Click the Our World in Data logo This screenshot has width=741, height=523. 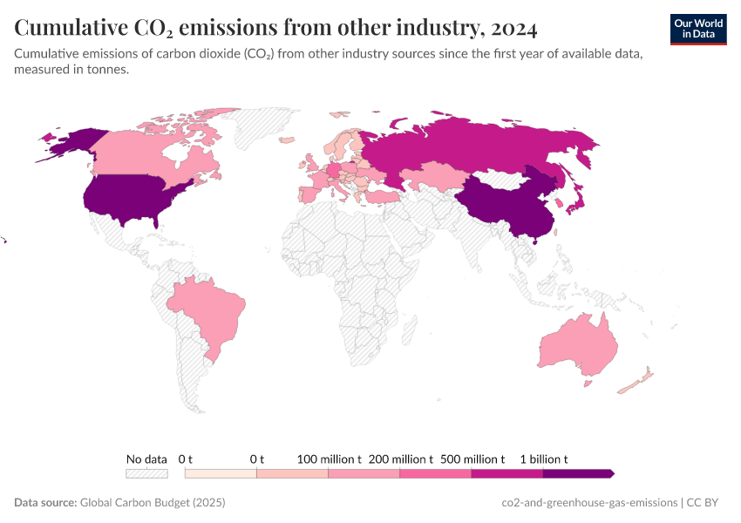click(698, 29)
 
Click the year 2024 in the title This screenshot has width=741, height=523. click(513, 29)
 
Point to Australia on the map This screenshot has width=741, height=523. click(575, 344)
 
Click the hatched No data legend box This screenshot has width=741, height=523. click(146, 473)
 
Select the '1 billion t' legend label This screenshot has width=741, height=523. click(544, 458)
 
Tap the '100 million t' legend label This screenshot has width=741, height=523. click(329, 458)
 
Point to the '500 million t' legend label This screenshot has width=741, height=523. click(472, 458)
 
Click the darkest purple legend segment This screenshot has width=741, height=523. click(577, 473)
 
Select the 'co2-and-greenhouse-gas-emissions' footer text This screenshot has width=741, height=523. click(589, 503)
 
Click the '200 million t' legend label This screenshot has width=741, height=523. click(400, 458)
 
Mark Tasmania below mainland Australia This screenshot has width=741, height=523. click(588, 382)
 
